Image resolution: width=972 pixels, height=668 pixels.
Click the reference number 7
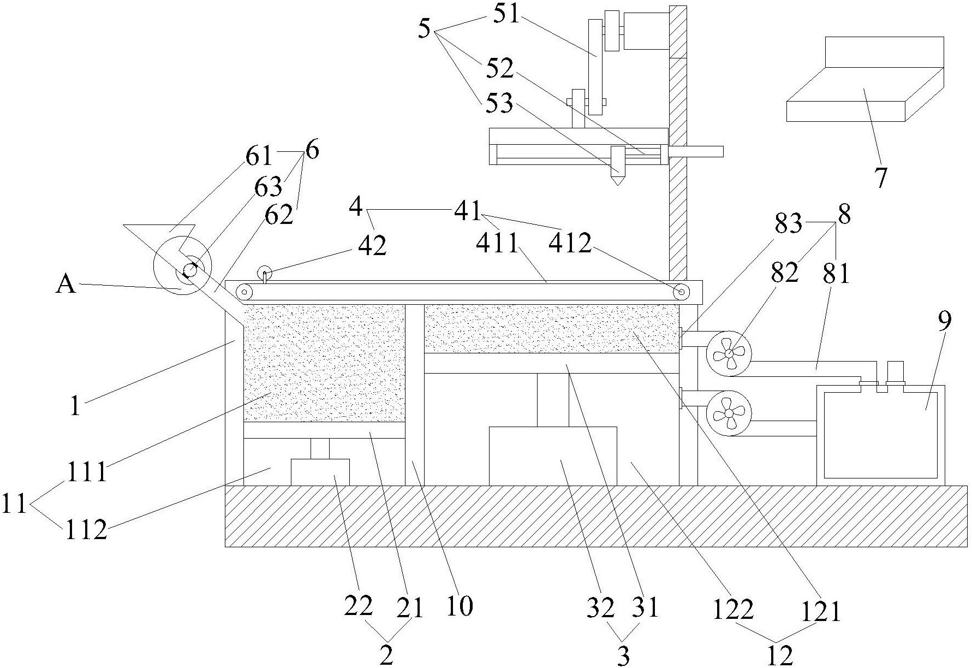(x=881, y=178)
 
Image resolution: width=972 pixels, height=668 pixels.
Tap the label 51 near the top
(x=507, y=14)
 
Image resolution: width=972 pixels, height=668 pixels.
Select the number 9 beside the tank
(x=945, y=321)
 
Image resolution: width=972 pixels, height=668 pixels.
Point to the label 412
(x=570, y=243)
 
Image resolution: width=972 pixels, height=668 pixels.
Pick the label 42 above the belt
(x=372, y=246)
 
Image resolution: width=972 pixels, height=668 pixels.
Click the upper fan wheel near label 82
(x=729, y=354)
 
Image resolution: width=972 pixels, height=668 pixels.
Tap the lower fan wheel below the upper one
(x=729, y=413)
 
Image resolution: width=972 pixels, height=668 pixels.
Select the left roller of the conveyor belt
(x=245, y=293)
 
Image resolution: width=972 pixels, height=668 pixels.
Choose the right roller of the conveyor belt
(x=681, y=292)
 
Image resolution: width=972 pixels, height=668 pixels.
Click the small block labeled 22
(x=320, y=472)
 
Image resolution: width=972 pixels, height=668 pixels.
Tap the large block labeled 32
(x=553, y=456)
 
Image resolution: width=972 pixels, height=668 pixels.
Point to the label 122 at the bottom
(x=733, y=609)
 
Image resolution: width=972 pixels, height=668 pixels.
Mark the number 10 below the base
(x=459, y=606)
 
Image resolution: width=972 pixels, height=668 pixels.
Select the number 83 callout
(x=788, y=223)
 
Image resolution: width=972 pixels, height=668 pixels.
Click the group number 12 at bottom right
(x=779, y=655)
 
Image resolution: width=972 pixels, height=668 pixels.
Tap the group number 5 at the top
(x=425, y=28)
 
